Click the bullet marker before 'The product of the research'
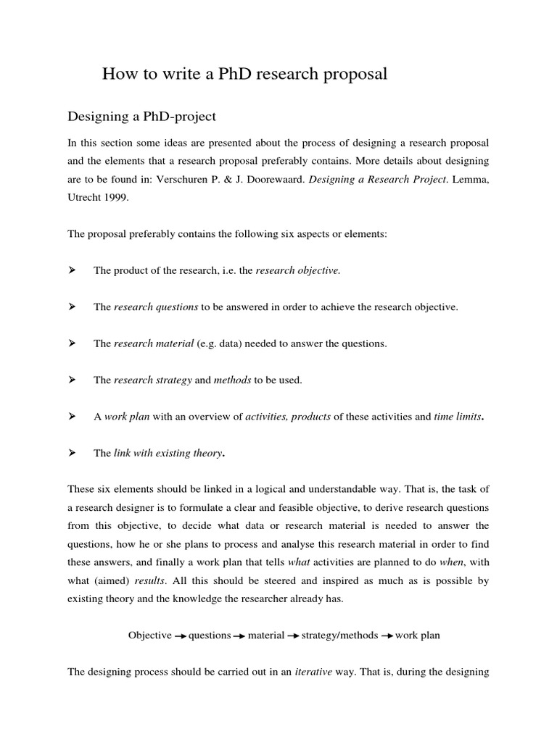[x=72, y=270]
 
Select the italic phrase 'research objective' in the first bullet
[x=298, y=270]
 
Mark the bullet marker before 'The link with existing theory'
[x=72, y=453]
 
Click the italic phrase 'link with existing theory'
[x=168, y=453]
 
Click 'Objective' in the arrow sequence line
[x=149, y=635]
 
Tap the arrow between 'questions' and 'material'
[x=238, y=636]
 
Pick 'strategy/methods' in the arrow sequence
[x=339, y=635]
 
